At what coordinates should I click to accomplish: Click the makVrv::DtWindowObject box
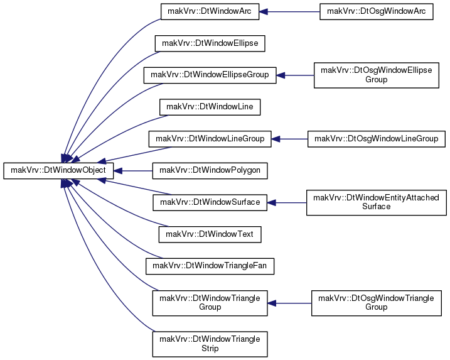coord(58,171)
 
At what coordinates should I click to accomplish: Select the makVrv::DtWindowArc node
coord(210,11)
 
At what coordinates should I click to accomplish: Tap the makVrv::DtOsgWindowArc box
coord(376,11)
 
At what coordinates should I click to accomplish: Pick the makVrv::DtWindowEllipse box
coord(210,43)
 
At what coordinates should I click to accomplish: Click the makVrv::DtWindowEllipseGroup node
coord(210,75)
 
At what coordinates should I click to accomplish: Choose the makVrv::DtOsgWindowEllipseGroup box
coord(376,75)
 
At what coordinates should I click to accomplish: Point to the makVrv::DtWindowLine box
coord(210,107)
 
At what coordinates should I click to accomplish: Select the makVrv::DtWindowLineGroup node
coord(210,139)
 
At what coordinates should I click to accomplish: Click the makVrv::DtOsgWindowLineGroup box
coord(376,139)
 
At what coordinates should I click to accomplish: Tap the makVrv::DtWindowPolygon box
coord(210,171)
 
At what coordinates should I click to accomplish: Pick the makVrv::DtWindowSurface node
coord(210,202)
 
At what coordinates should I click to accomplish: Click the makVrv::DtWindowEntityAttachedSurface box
coord(376,202)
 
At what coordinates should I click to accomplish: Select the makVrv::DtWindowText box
coord(210,234)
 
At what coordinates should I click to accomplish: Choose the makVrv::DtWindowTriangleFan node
coord(210,266)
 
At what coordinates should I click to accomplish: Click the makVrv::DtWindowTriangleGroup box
coord(210,303)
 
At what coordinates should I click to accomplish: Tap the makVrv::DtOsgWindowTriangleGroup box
coord(376,303)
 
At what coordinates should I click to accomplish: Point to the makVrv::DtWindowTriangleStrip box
coord(210,344)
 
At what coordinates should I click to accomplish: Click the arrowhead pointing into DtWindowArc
coord(263,12)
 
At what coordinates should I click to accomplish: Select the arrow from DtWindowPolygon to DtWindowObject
coord(133,171)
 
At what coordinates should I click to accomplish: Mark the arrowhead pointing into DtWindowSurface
coord(271,203)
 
